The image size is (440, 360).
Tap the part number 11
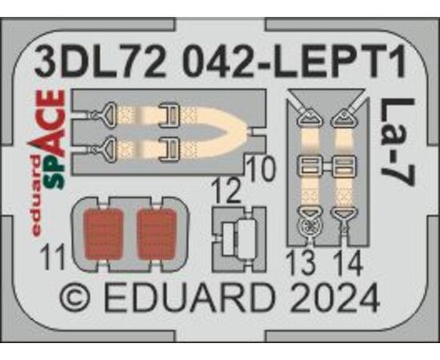click(53, 257)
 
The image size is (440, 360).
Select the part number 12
click(226, 191)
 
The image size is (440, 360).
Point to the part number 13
click(302, 263)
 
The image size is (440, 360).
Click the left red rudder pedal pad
click(104, 234)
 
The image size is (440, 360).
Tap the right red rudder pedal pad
click(157, 234)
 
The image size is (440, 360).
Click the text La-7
click(397, 142)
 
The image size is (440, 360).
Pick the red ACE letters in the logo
click(50, 123)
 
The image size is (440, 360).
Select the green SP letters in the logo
click(58, 172)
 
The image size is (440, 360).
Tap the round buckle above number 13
click(310, 226)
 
